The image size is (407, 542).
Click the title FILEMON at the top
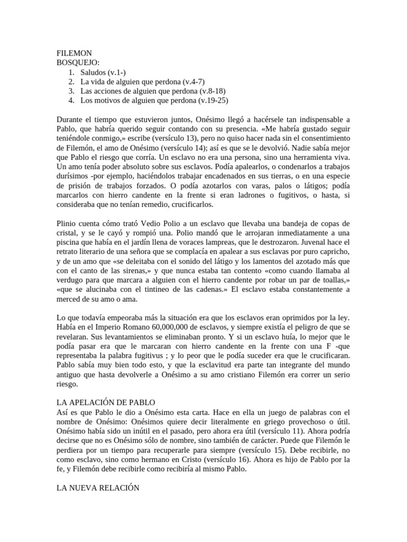pyautogui.click(x=74, y=53)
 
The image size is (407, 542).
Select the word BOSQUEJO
pyautogui.click(x=77, y=62)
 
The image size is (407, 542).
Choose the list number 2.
pyautogui.click(x=71, y=82)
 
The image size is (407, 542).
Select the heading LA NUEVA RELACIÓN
pyautogui.click(x=98, y=488)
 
